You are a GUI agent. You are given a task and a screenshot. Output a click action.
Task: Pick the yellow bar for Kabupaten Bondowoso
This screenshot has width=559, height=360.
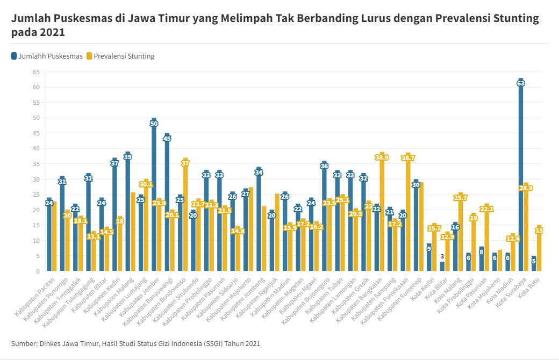click(x=186, y=215)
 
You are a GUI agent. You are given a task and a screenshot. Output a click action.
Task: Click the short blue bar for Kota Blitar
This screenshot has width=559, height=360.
click(x=442, y=266)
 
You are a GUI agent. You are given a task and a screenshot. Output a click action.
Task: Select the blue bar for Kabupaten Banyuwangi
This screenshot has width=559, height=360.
click(x=167, y=204)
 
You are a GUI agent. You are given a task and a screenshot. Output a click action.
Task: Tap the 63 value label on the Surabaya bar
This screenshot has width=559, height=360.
click(x=521, y=83)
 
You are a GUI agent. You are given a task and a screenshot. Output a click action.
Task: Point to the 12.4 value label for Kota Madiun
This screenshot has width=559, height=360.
click(x=513, y=238)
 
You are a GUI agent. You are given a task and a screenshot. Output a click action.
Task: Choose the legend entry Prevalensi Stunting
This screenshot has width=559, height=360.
click(x=124, y=56)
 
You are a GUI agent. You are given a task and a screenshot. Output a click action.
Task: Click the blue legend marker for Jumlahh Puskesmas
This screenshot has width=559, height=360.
click(x=14, y=56)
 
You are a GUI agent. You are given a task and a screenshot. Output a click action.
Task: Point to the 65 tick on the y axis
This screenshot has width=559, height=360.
click(x=36, y=71)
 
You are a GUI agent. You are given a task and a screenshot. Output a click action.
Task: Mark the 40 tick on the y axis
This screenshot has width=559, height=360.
click(x=36, y=148)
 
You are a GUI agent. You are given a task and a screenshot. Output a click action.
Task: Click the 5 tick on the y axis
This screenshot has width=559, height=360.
click(x=38, y=256)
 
